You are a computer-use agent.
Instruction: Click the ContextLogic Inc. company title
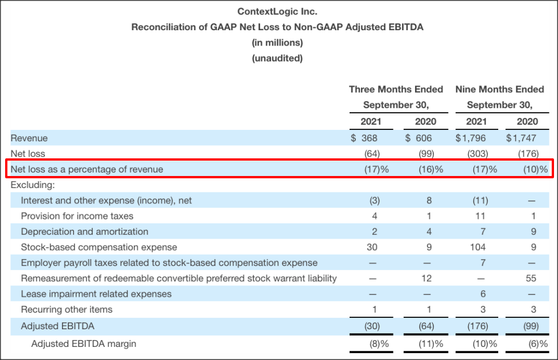point(277,11)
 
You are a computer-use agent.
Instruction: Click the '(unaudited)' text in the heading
point(277,58)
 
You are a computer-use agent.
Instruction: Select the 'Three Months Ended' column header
point(396,89)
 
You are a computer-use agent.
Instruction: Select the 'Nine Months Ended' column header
point(499,89)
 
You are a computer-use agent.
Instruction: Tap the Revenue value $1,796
point(470,138)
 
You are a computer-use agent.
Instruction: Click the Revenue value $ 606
point(419,138)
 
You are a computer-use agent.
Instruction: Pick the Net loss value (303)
point(478,154)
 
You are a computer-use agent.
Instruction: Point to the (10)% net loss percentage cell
point(535,169)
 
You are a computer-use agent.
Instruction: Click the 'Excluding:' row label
point(31,185)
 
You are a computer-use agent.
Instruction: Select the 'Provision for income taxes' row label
point(77,216)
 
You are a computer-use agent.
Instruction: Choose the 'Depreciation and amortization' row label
point(84,232)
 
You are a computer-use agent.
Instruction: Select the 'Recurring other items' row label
point(67,309)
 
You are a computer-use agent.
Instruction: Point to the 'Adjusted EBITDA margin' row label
point(84,343)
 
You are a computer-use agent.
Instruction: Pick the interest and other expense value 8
point(429,201)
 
